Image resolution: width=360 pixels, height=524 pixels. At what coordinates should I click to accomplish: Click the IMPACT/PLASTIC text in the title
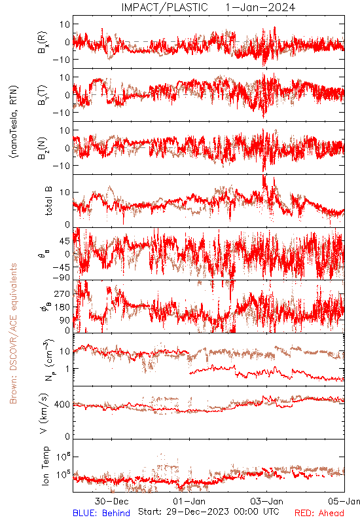point(164,7)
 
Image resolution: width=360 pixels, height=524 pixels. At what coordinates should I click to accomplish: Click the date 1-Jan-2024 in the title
point(261,7)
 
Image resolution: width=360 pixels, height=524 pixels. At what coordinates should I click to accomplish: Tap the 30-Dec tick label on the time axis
point(111,501)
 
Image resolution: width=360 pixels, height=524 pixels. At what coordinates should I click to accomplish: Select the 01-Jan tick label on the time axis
point(189,501)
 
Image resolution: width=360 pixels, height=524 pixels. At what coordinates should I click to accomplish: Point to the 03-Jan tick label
point(266,501)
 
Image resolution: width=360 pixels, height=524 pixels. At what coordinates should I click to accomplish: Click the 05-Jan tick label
point(344,501)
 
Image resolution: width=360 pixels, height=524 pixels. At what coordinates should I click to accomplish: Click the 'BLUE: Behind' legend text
point(101,513)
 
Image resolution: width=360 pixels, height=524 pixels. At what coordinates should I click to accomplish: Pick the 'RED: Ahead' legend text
point(319,513)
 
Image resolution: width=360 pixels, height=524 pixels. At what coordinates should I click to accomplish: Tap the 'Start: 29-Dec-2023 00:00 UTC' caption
point(209,512)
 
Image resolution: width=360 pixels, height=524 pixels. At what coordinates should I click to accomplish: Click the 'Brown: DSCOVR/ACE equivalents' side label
point(13,333)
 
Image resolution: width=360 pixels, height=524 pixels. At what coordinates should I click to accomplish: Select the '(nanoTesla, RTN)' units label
point(14,122)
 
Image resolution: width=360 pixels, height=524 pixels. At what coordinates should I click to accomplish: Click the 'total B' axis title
point(48,201)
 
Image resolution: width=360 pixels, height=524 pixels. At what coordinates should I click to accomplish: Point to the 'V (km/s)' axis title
point(44,413)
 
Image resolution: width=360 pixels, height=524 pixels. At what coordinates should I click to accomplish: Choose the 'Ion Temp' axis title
point(45,466)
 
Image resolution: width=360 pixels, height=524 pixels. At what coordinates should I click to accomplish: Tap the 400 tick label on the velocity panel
point(62,405)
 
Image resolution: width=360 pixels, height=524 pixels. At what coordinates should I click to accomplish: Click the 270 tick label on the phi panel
point(62,294)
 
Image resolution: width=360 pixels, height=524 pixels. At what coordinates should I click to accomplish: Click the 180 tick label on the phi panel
point(62,307)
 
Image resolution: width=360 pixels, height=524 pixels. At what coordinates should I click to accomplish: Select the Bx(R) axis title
point(43,43)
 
